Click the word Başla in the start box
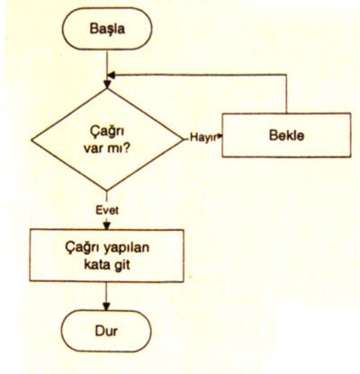point(107,29)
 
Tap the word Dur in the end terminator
point(106,331)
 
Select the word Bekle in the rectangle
point(286,135)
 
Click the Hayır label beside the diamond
point(203,138)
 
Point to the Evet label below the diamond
point(107,210)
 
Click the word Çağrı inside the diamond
point(107,132)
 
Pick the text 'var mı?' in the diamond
point(106,148)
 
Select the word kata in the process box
point(97,265)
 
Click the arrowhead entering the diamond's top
point(107,85)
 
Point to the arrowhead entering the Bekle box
point(220,137)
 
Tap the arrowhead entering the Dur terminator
point(106,306)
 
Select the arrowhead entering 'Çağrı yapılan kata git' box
point(107,226)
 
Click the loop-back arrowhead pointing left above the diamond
point(112,75)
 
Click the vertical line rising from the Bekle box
point(286,93)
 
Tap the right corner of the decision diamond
point(183,139)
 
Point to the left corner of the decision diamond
point(31,140)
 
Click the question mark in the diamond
point(127,148)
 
